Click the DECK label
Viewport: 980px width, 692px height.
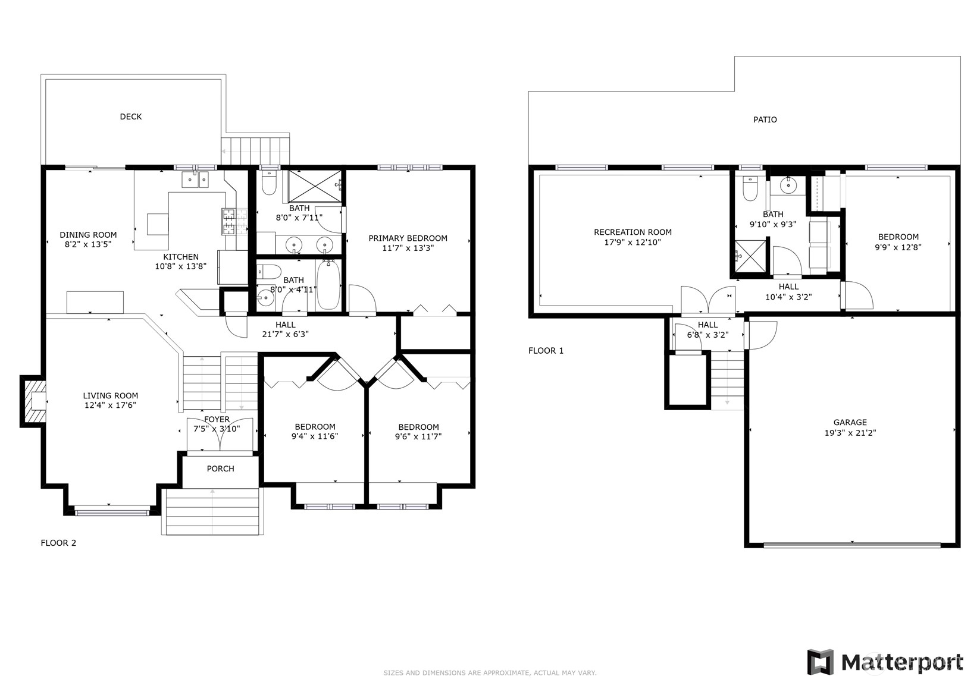(x=130, y=117)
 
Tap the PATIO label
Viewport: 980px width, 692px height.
(x=765, y=119)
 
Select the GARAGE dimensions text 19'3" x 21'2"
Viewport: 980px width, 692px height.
(x=850, y=433)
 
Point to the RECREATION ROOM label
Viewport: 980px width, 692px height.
(x=633, y=232)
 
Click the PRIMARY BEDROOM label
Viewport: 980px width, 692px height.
(x=408, y=238)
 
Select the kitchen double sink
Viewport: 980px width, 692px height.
(x=195, y=179)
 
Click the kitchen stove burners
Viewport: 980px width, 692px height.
(x=228, y=221)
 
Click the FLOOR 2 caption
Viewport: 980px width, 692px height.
(x=58, y=543)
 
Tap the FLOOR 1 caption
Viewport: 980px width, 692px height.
(x=546, y=351)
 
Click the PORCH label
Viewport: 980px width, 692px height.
(x=220, y=469)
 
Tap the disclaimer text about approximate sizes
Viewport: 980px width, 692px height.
(x=489, y=673)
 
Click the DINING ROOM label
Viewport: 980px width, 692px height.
(x=88, y=235)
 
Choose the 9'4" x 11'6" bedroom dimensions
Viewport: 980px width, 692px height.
(x=315, y=436)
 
